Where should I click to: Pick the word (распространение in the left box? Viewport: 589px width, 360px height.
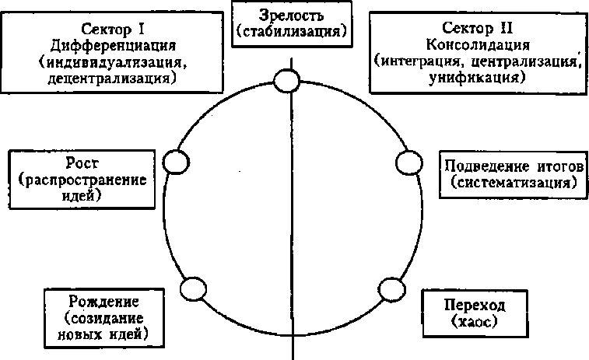pyautogui.click(x=87, y=180)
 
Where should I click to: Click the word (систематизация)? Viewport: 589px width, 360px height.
pyautogui.click(x=514, y=183)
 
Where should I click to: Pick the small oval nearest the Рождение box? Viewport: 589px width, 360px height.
pyautogui.click(x=194, y=288)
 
